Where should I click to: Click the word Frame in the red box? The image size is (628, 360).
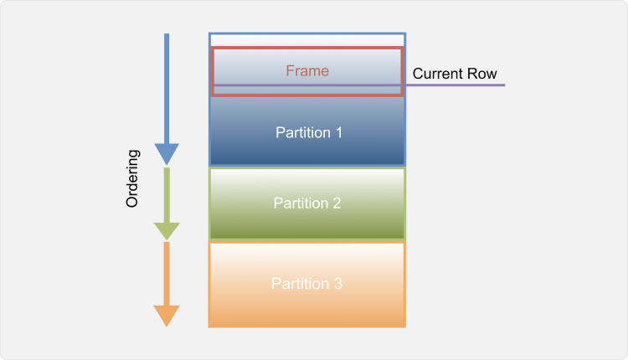(x=307, y=71)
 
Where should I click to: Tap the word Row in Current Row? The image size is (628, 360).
(x=484, y=74)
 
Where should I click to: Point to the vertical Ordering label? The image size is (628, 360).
(x=132, y=179)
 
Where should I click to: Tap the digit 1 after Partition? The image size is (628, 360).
(x=338, y=132)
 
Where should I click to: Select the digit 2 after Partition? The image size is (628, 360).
(x=337, y=203)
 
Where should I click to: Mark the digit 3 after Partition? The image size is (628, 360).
(x=338, y=284)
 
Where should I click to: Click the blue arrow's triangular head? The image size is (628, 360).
(x=167, y=154)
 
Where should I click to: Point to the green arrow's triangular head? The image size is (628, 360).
(x=167, y=230)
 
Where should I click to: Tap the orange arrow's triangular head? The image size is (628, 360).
(x=167, y=316)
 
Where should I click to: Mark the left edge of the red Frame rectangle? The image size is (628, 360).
(x=213, y=71)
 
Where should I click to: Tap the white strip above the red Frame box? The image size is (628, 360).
(x=307, y=40)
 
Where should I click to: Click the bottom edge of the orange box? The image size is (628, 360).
(x=307, y=326)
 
